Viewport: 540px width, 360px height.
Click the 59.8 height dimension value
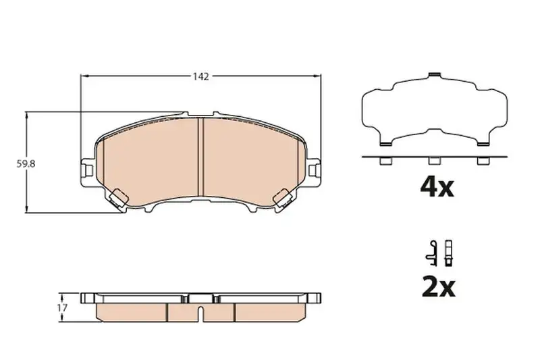click(26, 163)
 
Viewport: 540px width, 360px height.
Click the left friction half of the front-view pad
click(152, 162)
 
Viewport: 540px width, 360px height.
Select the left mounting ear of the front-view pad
click(87, 167)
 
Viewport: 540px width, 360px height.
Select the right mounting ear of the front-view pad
click(315, 167)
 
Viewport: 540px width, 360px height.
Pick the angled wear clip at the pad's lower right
click(286, 198)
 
